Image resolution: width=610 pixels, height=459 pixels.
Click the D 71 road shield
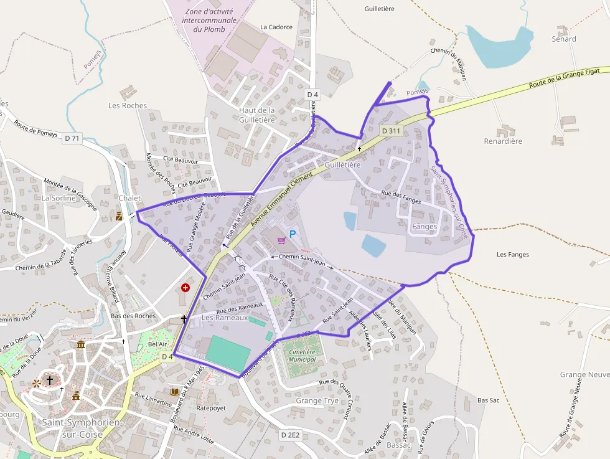[x=72, y=138]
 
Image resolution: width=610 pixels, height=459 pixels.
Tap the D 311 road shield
[x=391, y=130]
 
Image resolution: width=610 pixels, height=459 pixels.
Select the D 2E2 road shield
[x=290, y=435]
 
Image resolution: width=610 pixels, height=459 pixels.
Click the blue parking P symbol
[x=293, y=235]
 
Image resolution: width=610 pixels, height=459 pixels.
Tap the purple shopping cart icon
[x=281, y=239]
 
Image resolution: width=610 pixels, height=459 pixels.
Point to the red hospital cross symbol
[x=185, y=288]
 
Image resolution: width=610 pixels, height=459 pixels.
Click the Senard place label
[x=564, y=39]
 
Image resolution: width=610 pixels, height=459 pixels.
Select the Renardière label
[x=503, y=141]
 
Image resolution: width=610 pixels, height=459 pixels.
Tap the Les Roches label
[x=128, y=105]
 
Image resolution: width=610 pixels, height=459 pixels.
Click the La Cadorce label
[x=276, y=27]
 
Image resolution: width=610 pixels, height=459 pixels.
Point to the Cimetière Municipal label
[x=303, y=356]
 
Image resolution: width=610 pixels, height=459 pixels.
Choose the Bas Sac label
[x=489, y=400]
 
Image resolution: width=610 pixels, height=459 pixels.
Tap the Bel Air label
[x=157, y=344]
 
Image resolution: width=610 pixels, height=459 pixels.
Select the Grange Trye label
[x=317, y=400]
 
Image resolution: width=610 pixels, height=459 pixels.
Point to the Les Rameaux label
[x=225, y=318]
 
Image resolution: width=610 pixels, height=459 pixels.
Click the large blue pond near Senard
[x=499, y=47]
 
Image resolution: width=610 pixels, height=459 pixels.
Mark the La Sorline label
[x=59, y=198]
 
